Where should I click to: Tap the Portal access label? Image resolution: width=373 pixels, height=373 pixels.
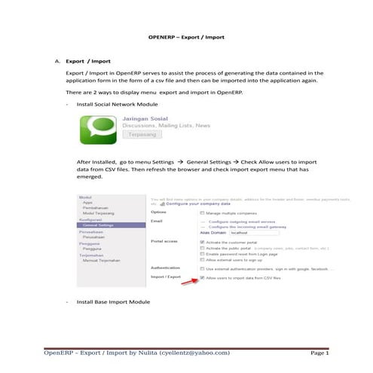(165, 242)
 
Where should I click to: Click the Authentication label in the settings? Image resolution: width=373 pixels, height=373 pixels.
(168, 268)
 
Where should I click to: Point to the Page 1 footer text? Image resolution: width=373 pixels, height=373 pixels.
(319, 352)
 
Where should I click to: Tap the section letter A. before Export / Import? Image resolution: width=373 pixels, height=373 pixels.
(57, 60)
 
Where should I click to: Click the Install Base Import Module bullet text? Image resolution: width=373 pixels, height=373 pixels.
(112, 301)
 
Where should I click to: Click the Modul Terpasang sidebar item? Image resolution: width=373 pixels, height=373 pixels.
(97, 213)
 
